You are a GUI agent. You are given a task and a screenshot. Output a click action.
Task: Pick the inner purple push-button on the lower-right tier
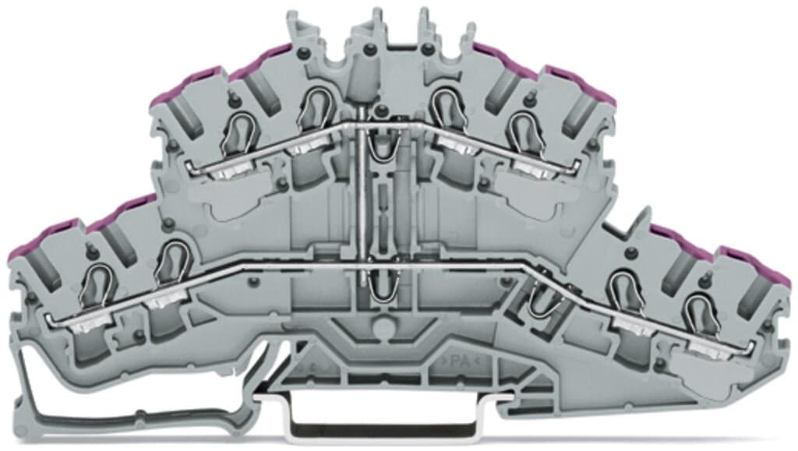676,237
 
